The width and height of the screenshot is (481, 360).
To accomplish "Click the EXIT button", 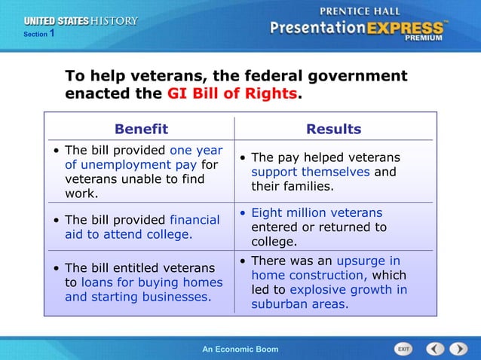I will point(404,349).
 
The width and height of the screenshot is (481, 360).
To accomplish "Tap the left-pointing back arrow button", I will point(435,349).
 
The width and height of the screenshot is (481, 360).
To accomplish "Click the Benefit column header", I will point(141,129).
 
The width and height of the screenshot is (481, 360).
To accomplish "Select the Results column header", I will point(333,129).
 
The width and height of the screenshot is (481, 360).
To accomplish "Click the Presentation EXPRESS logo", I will point(357,30).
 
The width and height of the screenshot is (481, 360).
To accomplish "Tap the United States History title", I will point(81,21).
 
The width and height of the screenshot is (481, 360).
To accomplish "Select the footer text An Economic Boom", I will point(240,349).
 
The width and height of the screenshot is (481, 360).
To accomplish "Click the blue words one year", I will point(196,150).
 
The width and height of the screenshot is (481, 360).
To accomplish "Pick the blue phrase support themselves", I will point(311,172).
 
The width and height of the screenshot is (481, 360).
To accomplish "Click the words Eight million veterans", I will point(317,212).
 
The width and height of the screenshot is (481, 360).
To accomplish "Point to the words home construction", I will point(309,276).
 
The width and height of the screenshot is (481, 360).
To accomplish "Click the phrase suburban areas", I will point(299,304).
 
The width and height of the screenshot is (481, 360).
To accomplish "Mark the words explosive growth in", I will point(348,290).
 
